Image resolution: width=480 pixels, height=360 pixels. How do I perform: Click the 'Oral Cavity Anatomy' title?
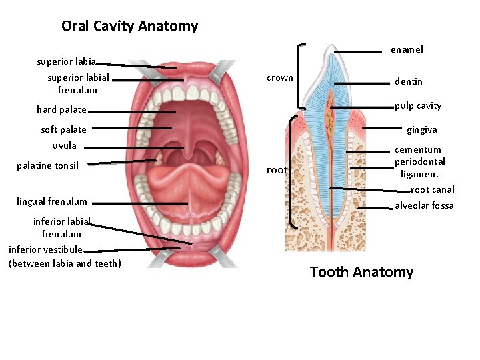click(x=129, y=26)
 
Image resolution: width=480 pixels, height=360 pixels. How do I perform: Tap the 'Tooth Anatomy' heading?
click(x=361, y=272)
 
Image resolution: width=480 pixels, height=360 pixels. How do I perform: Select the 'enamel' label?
click(x=407, y=49)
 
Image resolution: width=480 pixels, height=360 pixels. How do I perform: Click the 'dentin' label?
click(x=408, y=81)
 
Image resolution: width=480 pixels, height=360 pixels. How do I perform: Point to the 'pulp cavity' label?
click(x=417, y=105)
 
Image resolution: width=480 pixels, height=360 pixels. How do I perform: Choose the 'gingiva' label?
click(x=421, y=130)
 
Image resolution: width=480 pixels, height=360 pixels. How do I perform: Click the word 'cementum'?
click(x=418, y=150)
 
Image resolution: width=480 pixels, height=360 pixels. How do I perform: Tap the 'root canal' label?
click(x=432, y=189)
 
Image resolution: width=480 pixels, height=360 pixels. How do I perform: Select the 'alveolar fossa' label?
click(x=424, y=205)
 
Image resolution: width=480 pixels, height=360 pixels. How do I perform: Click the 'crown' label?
click(x=279, y=77)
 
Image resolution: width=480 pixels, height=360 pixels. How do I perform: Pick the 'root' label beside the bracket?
click(x=277, y=170)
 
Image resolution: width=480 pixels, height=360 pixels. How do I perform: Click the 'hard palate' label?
click(x=61, y=109)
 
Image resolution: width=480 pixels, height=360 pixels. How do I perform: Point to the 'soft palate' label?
click(x=63, y=129)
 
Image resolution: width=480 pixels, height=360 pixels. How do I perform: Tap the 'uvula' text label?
click(x=65, y=145)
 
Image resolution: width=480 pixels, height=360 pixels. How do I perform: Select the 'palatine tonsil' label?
click(x=47, y=165)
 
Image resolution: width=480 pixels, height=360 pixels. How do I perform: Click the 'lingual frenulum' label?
click(x=51, y=201)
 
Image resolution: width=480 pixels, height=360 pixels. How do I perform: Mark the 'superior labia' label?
click(x=66, y=61)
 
